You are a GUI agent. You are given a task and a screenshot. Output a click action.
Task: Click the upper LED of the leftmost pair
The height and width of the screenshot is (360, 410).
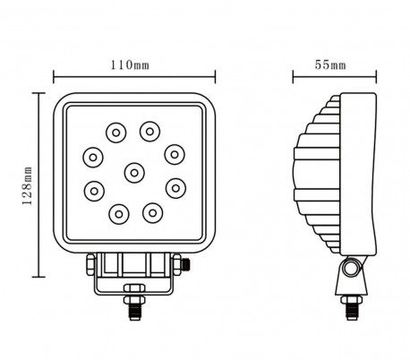(91, 158)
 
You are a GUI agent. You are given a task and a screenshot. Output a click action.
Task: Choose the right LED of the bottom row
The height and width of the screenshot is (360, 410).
(153, 212)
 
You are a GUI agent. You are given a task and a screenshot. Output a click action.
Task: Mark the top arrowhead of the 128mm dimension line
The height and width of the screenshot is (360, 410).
(38, 94)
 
